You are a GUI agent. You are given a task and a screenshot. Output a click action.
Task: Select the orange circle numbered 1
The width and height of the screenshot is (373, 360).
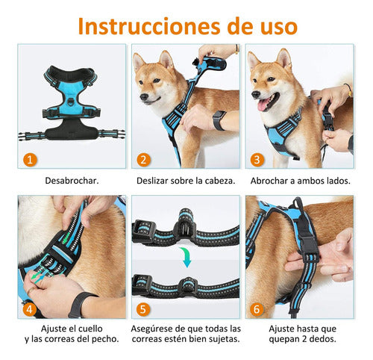point(28,158)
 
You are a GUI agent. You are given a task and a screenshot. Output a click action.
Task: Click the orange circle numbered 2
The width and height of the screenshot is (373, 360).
point(143,158)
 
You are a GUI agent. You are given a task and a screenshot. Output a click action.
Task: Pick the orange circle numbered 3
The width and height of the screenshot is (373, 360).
point(257,158)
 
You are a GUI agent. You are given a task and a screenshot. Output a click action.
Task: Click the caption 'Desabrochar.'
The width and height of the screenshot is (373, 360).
point(72,181)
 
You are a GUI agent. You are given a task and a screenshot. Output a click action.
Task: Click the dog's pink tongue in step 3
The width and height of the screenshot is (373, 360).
point(263,105)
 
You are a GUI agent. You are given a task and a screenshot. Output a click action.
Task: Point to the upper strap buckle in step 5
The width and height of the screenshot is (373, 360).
point(184,226)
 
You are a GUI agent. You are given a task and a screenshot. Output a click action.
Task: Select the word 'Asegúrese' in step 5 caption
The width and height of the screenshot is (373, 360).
point(157,329)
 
